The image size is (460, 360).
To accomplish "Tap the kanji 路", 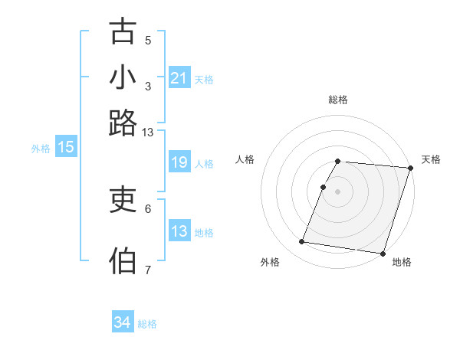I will click(x=123, y=123).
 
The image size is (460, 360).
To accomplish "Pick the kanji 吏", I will click(x=123, y=200).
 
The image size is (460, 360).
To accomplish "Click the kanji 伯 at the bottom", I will click(x=123, y=261).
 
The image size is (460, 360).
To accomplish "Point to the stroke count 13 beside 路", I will click(x=147, y=132).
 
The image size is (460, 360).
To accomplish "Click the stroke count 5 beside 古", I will click(x=148, y=40).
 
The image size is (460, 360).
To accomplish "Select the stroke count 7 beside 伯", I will click(x=148, y=270).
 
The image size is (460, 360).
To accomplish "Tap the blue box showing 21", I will click(x=179, y=77).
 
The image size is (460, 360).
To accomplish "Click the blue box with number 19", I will click(x=179, y=162).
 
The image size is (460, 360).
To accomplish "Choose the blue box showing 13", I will click(x=179, y=231).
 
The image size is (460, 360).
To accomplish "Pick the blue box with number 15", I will click(x=66, y=147).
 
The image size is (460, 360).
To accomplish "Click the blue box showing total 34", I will click(x=122, y=322).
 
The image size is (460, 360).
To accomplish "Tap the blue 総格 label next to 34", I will click(x=147, y=324).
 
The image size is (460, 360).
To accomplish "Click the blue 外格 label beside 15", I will click(x=40, y=149).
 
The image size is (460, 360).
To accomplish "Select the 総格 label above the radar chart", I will click(x=338, y=100).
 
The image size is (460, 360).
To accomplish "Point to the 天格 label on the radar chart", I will click(x=431, y=159).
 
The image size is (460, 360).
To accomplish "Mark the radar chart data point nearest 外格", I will click(x=301, y=242).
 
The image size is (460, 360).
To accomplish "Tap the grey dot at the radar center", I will click(x=337, y=190).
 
